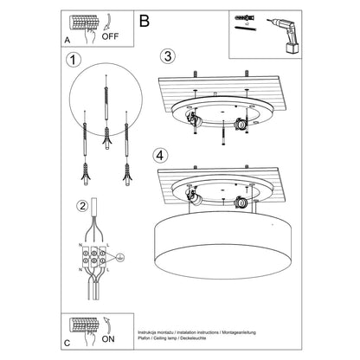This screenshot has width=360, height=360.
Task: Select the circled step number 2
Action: pyautogui.click(x=80, y=205)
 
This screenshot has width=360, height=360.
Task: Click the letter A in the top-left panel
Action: pyautogui.click(x=66, y=39)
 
